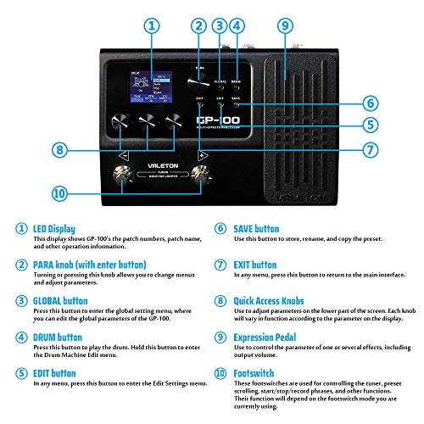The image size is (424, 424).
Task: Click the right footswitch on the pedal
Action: (202, 176)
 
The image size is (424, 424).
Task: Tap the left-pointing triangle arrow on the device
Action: (125, 157)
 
